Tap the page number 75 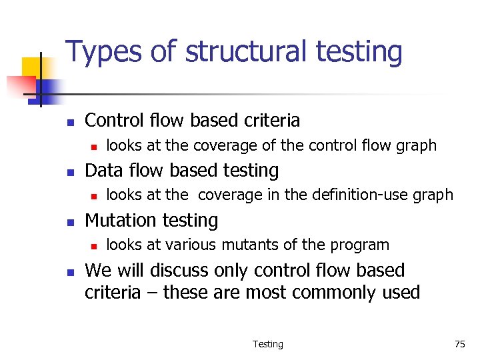click(459, 344)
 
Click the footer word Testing click(268, 344)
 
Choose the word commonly click(336, 292)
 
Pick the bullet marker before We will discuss click(69, 272)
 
